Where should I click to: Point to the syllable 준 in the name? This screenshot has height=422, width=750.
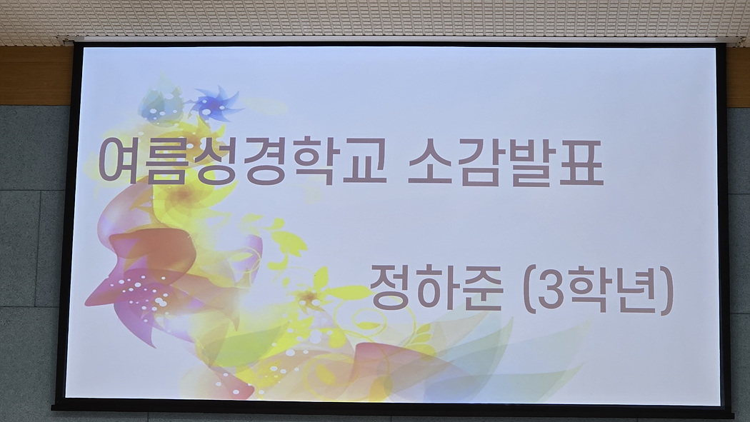point(481,288)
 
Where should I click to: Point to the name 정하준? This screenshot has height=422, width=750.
point(436,288)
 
